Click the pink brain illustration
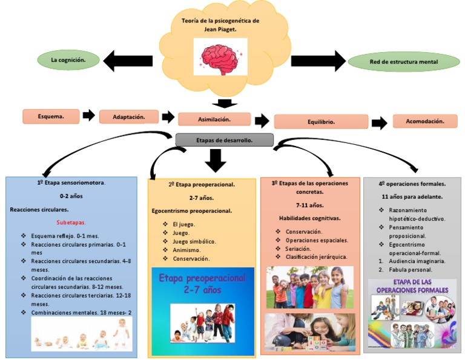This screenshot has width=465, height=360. [x=220, y=56]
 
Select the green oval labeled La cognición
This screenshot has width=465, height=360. [x=67, y=60]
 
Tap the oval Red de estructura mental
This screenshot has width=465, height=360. [x=404, y=62]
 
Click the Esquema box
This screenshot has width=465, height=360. [x=51, y=116]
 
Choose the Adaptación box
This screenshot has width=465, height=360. [x=128, y=116]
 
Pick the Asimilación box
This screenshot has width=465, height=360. [x=214, y=119]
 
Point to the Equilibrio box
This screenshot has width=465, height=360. [x=320, y=121]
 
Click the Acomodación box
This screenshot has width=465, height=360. [x=424, y=121]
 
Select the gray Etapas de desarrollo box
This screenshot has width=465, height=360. [x=224, y=140]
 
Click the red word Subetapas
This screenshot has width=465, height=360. [x=71, y=222]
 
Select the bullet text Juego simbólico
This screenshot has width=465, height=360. [x=194, y=241]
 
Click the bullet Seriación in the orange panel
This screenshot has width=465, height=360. [x=298, y=248]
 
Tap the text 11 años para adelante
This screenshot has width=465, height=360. [x=412, y=197]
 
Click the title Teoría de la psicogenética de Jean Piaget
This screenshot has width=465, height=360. [x=220, y=24]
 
